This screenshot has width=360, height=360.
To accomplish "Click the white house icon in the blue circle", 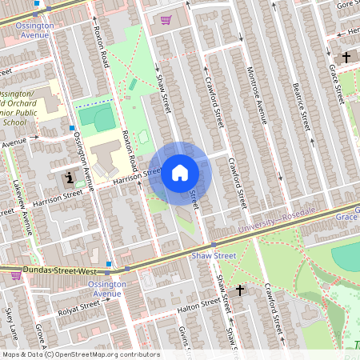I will coord(179,172).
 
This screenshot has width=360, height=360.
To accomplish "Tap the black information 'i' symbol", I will coord(69,177).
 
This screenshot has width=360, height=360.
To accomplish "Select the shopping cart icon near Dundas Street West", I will coord(15,275).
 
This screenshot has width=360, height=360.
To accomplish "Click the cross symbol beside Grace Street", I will coord(346,58).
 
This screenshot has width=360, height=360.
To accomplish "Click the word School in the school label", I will coord(14,123).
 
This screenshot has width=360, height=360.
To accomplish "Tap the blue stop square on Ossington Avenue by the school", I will coord(72,128).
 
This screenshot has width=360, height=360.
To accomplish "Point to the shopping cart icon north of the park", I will coord(166,20).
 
